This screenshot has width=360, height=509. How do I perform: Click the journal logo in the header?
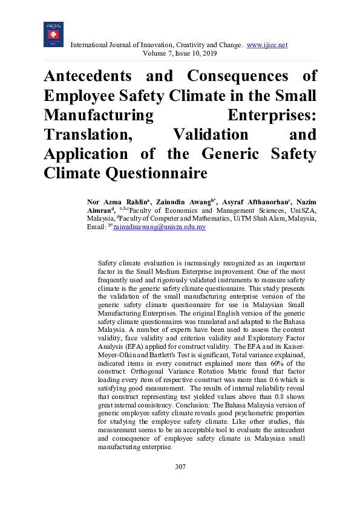point(54,34)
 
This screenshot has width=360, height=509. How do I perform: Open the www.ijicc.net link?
point(267,45)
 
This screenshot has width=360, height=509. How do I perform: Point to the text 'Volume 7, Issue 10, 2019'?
point(180,54)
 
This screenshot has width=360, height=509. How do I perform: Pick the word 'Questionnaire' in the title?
point(156,173)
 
